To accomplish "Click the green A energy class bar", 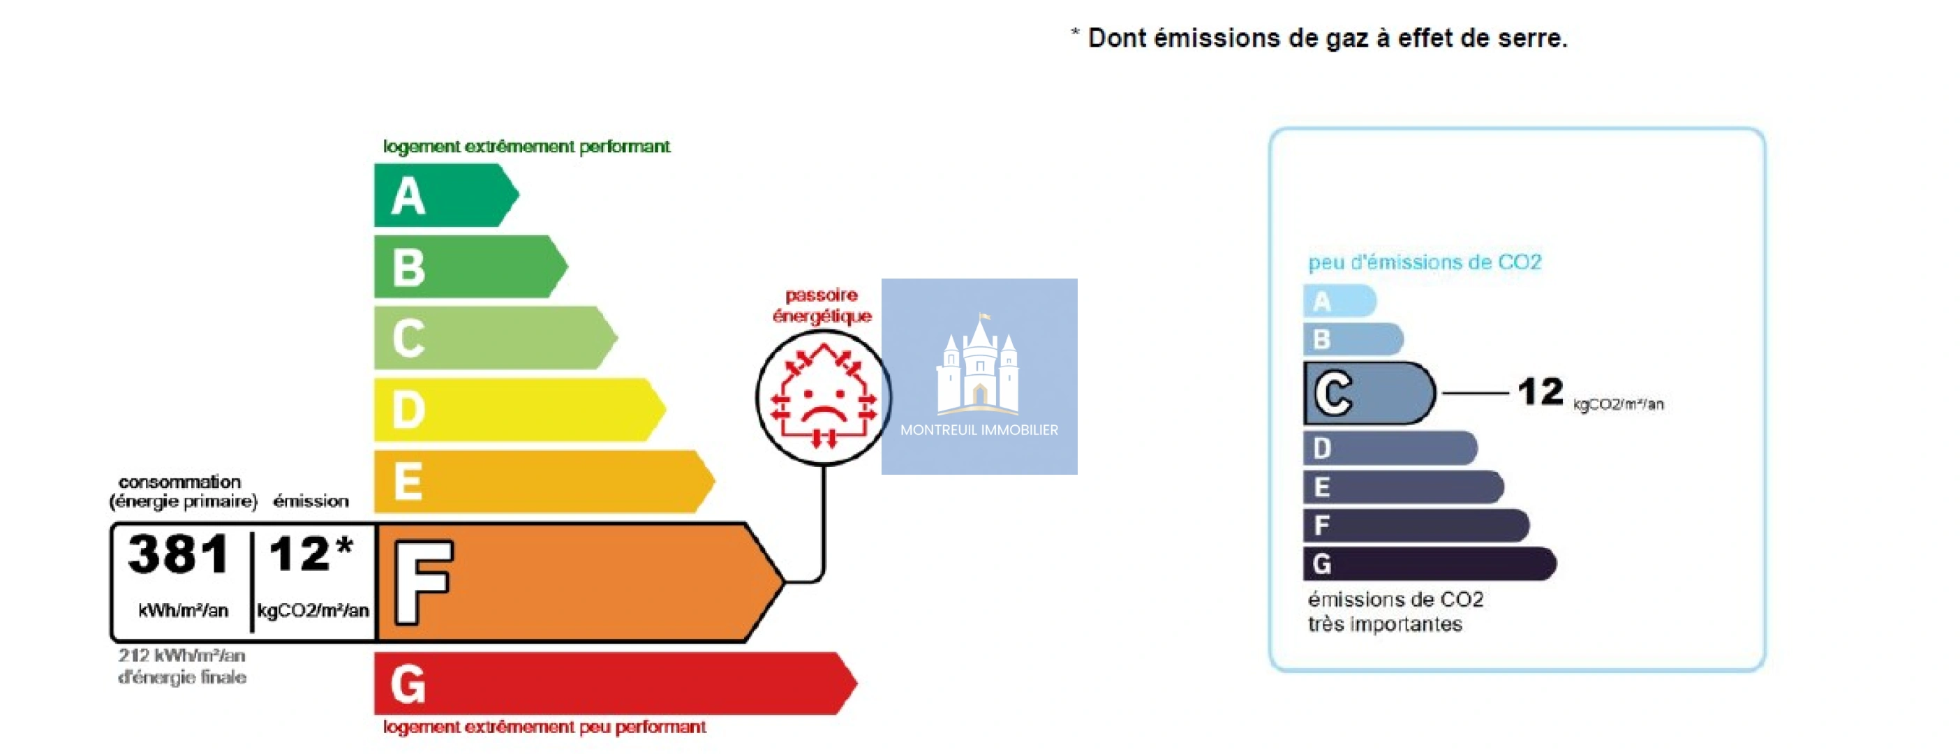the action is pyautogui.click(x=445, y=195).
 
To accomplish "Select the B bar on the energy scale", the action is pyautogui.click(x=470, y=266).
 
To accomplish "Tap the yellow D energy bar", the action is pyautogui.click(x=519, y=409).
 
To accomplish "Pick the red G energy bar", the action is pyautogui.click(x=615, y=683).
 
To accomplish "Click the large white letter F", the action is pyautogui.click(x=423, y=582).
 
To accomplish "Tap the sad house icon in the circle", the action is pyautogui.click(x=823, y=397).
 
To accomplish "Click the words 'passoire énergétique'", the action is pyautogui.click(x=822, y=305).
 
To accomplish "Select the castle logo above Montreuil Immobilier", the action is pyautogui.click(x=979, y=364).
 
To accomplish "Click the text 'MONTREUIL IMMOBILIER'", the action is pyautogui.click(x=979, y=430).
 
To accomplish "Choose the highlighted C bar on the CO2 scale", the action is pyautogui.click(x=1369, y=392).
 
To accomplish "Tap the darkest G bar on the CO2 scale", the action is pyautogui.click(x=1430, y=564).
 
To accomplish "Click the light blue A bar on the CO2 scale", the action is pyautogui.click(x=1340, y=300).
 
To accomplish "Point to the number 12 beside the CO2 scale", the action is pyautogui.click(x=1540, y=392).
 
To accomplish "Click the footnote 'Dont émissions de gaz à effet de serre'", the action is pyautogui.click(x=1327, y=38).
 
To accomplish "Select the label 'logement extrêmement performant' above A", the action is pyautogui.click(x=526, y=146).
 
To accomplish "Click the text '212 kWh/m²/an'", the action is pyautogui.click(x=182, y=655).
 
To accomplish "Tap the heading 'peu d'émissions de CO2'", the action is pyautogui.click(x=1425, y=263).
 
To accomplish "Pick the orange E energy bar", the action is pyautogui.click(x=543, y=481).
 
